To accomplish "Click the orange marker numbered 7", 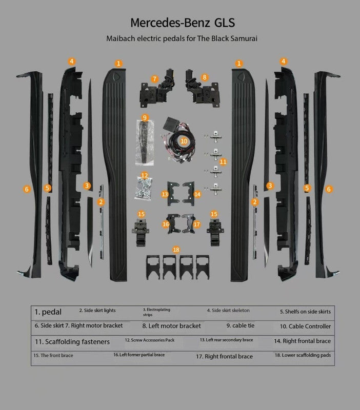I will [x=154, y=79].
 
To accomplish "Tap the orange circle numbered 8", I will [x=205, y=77].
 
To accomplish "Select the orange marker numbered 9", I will [x=145, y=117].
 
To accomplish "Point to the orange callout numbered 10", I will [x=184, y=140].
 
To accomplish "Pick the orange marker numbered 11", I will [x=223, y=161].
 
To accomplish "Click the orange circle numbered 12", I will [x=145, y=175].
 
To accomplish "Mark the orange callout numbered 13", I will [x=165, y=195].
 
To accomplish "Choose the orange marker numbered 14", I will [x=197, y=195].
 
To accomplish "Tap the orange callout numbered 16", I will [x=166, y=224].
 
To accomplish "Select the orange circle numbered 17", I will [x=197, y=224].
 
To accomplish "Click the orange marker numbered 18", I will [x=176, y=250].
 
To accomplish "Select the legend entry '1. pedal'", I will [x=48, y=312].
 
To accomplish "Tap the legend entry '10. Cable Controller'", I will [x=305, y=326].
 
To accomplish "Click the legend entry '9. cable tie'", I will [x=240, y=325].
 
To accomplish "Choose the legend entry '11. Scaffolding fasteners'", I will [x=72, y=341].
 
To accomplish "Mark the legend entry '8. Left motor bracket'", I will [x=171, y=326].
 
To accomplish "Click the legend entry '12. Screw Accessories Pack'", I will [x=149, y=340].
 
